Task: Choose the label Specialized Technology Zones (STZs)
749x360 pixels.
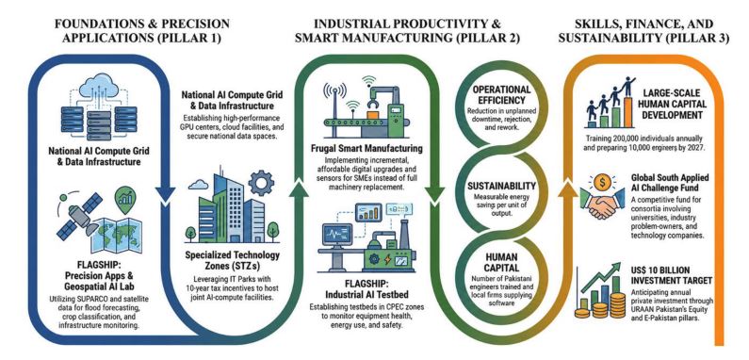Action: [232, 260]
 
